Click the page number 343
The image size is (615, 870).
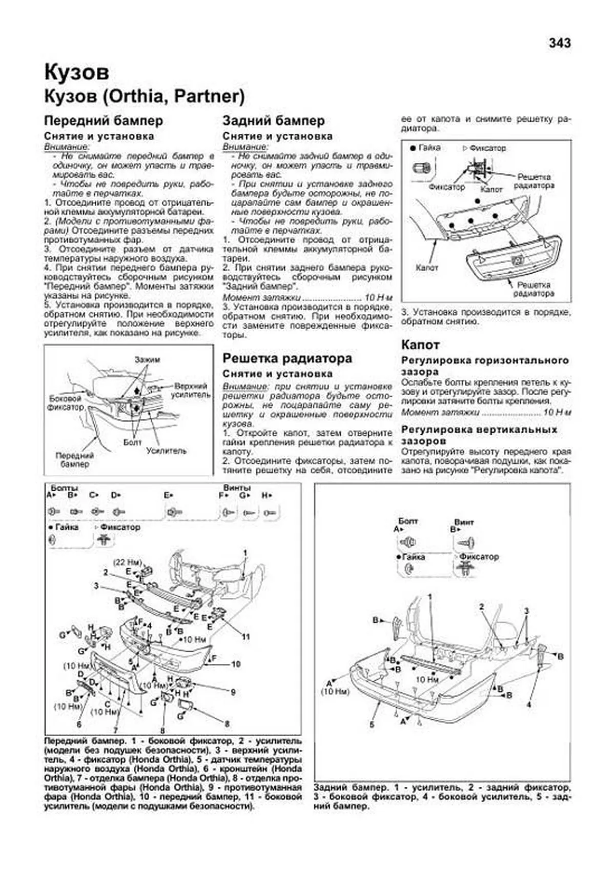(x=559, y=43)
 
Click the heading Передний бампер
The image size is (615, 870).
(x=104, y=121)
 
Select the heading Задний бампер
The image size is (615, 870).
(x=273, y=121)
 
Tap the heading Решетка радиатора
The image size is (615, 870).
(x=287, y=358)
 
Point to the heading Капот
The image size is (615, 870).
(x=420, y=345)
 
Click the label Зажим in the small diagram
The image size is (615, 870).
(x=147, y=360)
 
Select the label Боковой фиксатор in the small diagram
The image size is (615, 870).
(x=65, y=402)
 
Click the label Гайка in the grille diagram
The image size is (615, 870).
(x=429, y=148)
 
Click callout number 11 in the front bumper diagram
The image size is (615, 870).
(x=246, y=636)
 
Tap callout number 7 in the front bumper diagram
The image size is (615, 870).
(x=116, y=730)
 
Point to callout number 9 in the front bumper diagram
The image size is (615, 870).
(x=233, y=692)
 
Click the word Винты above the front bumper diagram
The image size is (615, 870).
(x=237, y=488)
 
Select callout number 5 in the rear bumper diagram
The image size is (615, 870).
(x=372, y=724)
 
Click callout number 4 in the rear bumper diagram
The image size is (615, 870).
(x=528, y=705)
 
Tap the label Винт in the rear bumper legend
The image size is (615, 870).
(x=464, y=522)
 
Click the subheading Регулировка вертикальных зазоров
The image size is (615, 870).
(x=479, y=435)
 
